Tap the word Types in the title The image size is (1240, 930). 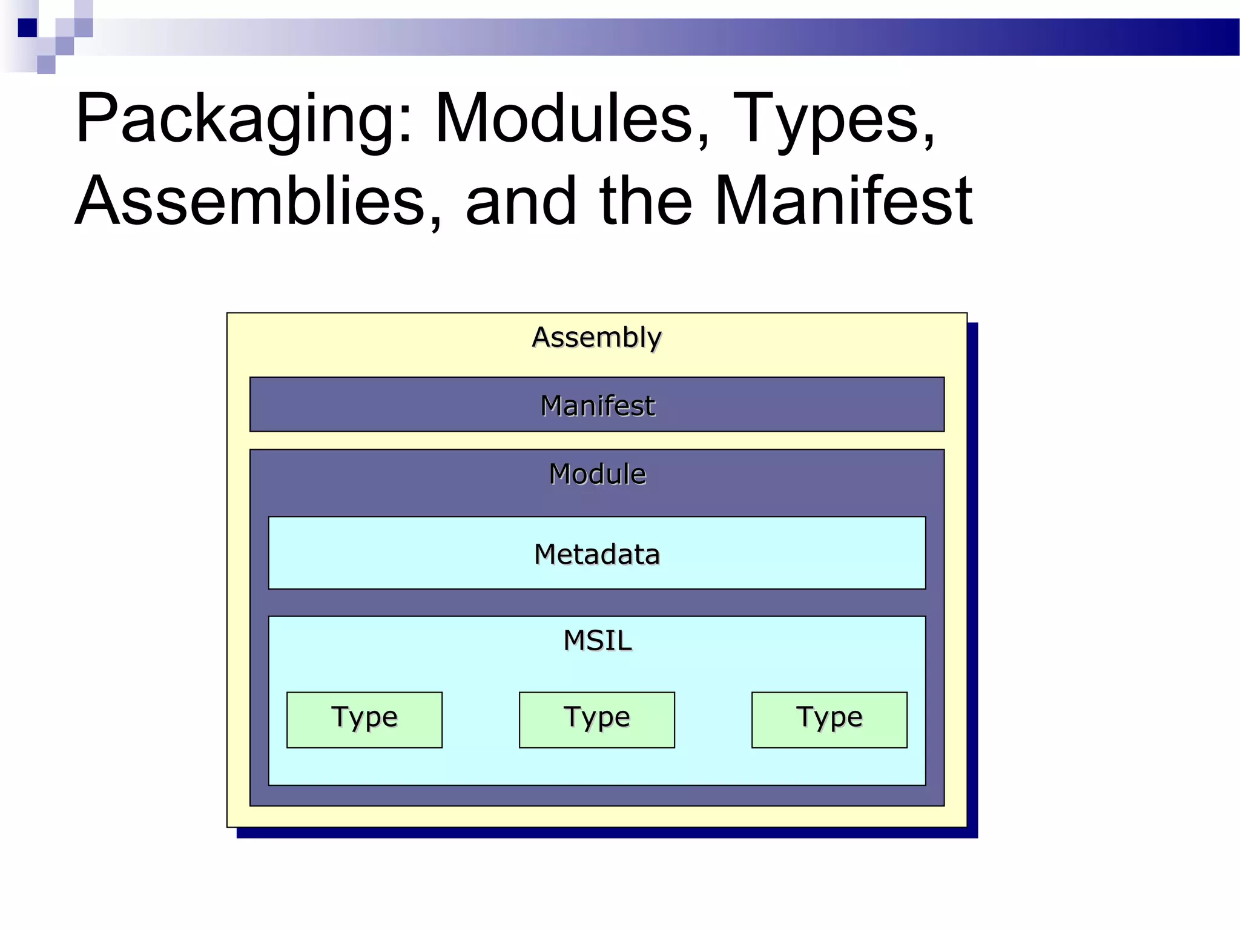pyautogui.click(x=826, y=119)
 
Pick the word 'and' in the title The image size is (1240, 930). pyautogui.click(x=521, y=201)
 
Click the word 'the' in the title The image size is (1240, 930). pyautogui.click(x=645, y=201)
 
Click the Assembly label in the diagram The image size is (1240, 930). pyautogui.click(x=596, y=337)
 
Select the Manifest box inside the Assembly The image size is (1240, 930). pyautogui.click(x=596, y=404)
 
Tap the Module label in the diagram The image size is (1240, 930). pyautogui.click(x=596, y=474)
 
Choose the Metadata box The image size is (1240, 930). pyautogui.click(x=596, y=553)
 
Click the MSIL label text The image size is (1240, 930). pyautogui.click(x=596, y=641)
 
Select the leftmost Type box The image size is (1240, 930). pyautogui.click(x=364, y=719)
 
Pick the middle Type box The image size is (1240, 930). pyautogui.click(x=596, y=719)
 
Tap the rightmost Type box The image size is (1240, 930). pyautogui.click(x=829, y=719)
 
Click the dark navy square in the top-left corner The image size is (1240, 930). pyautogui.click(x=27, y=28)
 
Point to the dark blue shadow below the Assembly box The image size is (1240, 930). pyautogui.click(x=605, y=833)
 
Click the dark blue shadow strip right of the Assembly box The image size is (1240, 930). pyautogui.click(x=972, y=575)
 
